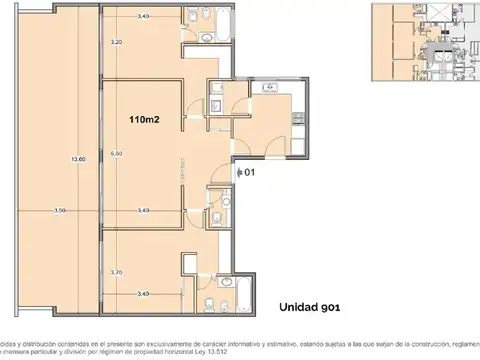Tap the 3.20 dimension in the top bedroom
117,43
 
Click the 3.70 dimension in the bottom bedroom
117,272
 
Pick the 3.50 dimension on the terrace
59,211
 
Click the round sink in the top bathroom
203,37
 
